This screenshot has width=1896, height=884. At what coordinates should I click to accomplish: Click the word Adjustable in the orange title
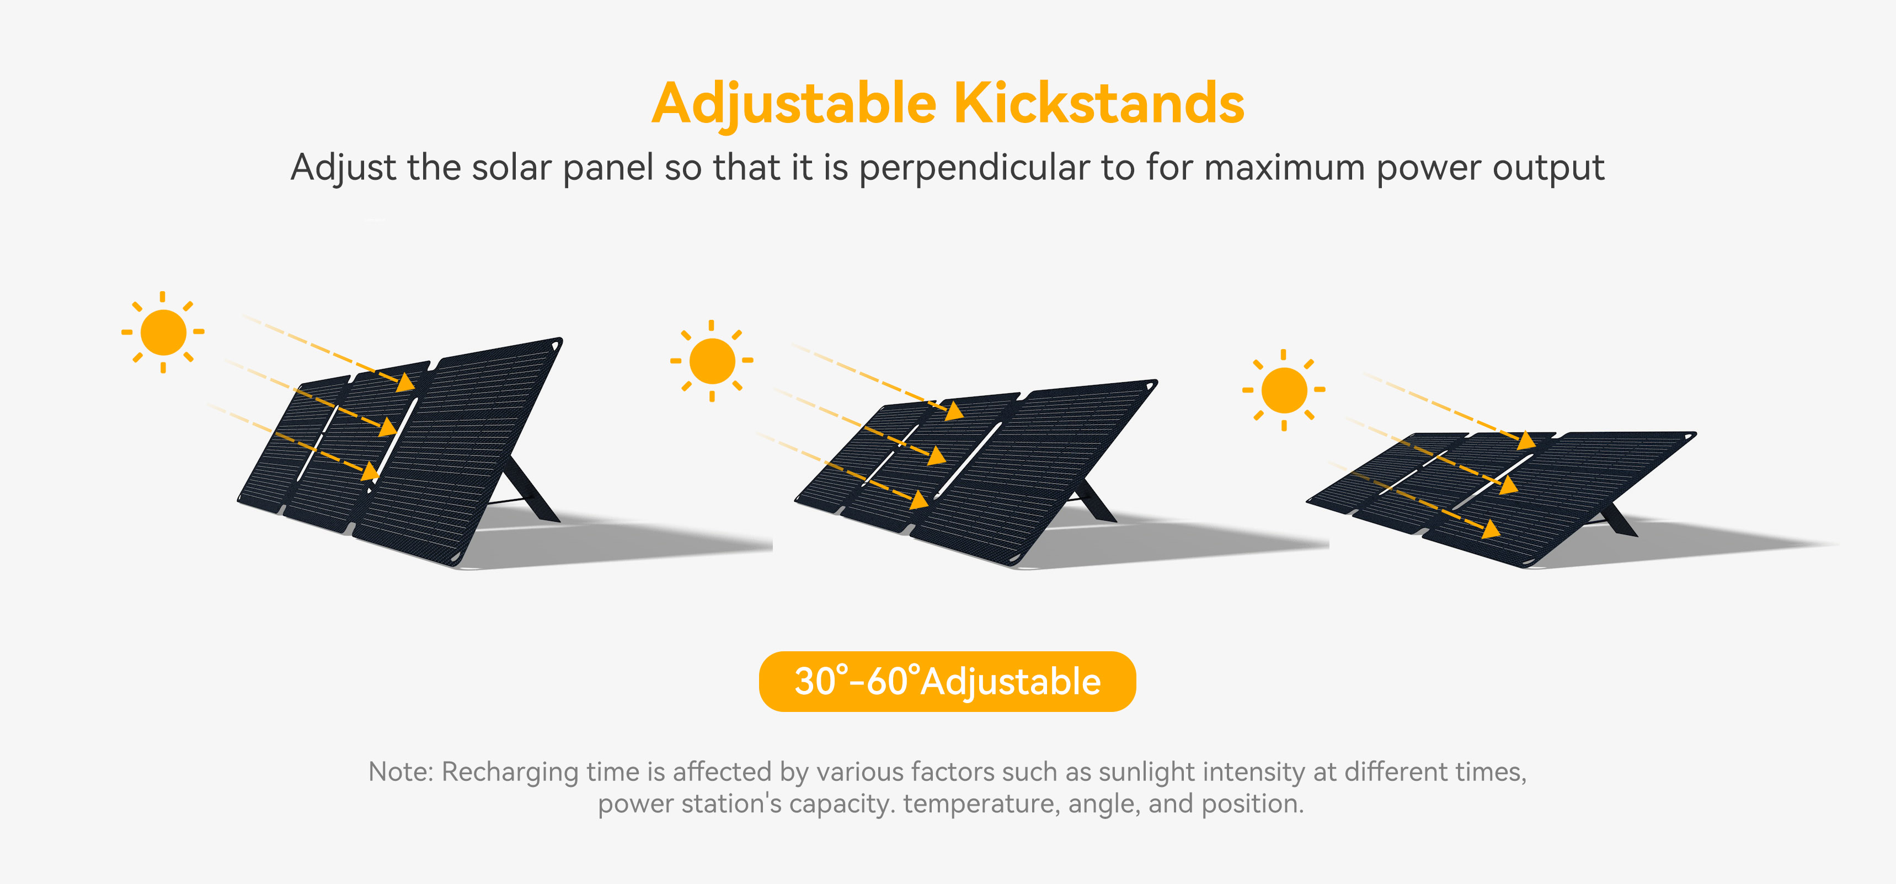pyautogui.click(x=794, y=105)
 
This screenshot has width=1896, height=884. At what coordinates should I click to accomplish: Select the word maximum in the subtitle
pyautogui.click(x=1285, y=168)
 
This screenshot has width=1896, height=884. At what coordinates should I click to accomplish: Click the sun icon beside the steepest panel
pyautogui.click(x=163, y=332)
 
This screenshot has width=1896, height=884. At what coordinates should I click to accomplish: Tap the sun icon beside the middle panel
pyautogui.click(x=712, y=361)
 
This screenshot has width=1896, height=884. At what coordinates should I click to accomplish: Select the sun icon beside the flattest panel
pyautogui.click(x=1284, y=390)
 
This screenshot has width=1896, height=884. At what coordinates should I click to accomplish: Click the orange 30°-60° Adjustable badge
pyautogui.click(x=947, y=682)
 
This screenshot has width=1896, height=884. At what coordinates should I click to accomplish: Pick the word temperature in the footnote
pyautogui.click(x=982, y=804)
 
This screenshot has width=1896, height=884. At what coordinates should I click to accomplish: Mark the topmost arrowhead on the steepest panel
pyautogui.click(x=405, y=382)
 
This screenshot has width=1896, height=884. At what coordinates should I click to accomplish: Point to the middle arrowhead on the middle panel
pyautogui.click(x=936, y=456)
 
